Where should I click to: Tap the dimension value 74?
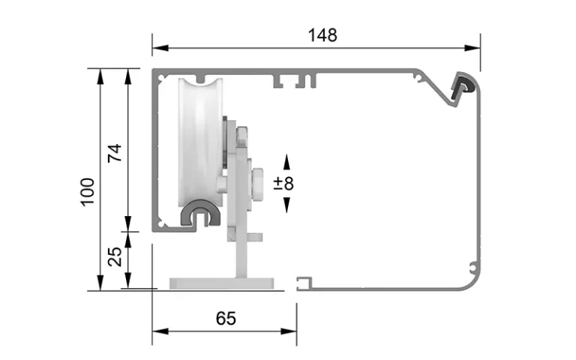(114, 152)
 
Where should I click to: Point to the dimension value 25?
(115, 257)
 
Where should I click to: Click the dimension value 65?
(225, 318)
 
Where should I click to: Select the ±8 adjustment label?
(284, 183)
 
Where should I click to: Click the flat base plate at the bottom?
(226, 283)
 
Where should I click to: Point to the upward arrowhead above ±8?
(285, 160)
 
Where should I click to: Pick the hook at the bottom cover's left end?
(302, 282)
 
